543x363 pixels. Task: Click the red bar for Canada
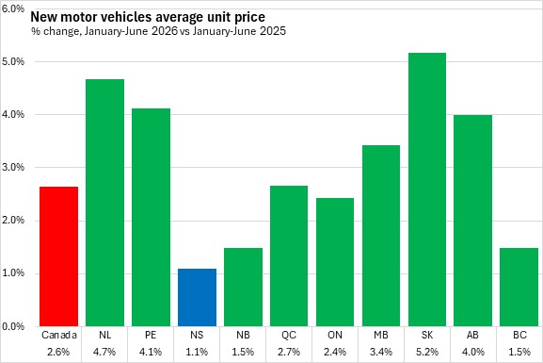58,256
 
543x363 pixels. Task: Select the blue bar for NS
197,297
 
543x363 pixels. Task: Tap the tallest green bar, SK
427,190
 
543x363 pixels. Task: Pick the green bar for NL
104,203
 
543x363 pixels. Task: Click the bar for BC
519,287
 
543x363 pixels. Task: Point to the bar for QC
289,256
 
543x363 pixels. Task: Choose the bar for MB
381,236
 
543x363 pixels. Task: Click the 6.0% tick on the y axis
13,8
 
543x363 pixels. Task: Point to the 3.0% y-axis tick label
13,167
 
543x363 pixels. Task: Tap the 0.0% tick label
13,326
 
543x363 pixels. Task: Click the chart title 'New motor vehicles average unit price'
148,17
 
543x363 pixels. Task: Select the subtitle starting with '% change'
158,31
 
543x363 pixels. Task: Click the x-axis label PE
151,335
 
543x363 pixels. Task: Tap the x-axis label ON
335,335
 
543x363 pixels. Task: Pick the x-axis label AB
472,335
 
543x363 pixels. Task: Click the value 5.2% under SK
427,352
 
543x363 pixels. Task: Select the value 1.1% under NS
197,352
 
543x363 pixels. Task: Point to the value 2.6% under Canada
58,352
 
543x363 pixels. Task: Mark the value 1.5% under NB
243,352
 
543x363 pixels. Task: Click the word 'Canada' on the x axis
59,335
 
